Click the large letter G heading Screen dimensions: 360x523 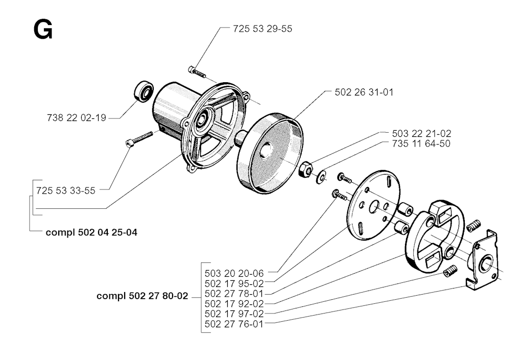42,31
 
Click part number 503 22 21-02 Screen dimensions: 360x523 414,133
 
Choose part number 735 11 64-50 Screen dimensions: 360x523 414,143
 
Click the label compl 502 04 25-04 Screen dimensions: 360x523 91,232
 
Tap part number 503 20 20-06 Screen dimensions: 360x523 234,272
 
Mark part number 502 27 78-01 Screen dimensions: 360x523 234,293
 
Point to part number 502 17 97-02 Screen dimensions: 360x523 234,314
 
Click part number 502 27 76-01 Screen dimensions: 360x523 234,324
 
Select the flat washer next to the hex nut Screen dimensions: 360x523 322,177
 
